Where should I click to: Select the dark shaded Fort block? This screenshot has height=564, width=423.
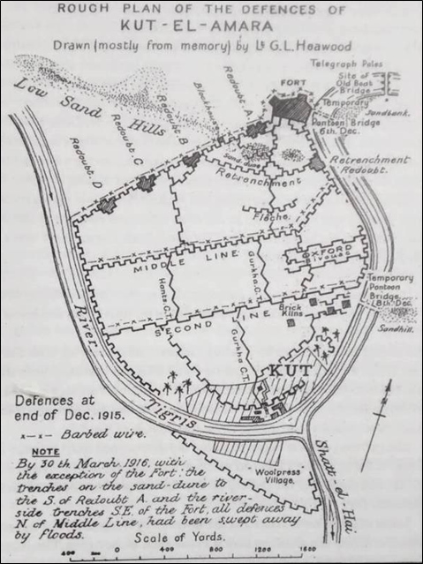pos(291,107)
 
